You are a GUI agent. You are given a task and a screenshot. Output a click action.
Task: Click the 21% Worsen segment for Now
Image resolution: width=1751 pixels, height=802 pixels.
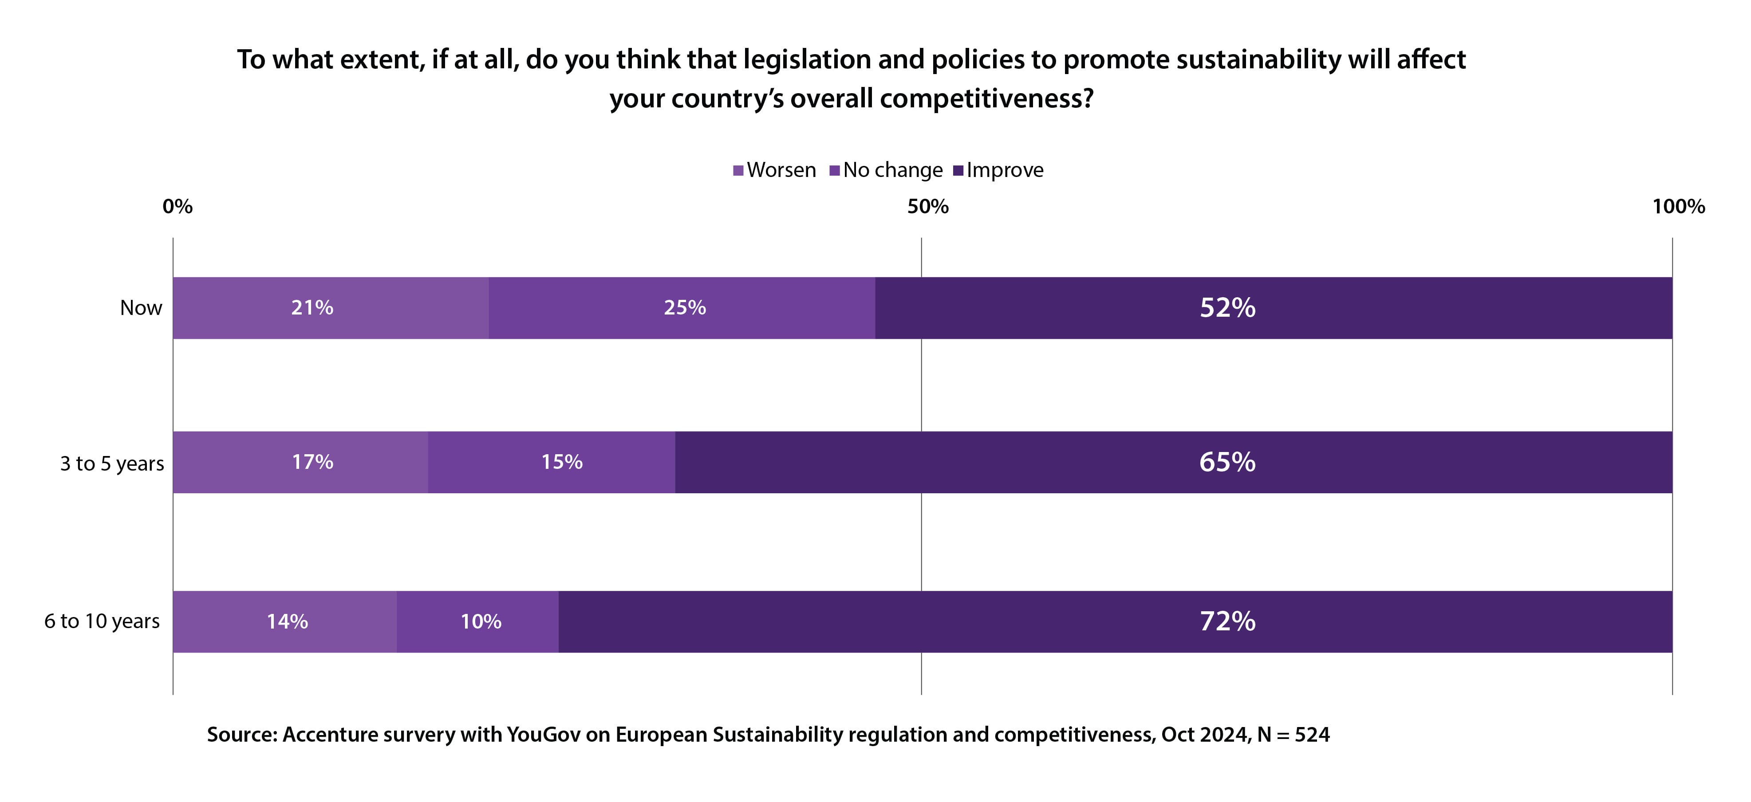(330, 308)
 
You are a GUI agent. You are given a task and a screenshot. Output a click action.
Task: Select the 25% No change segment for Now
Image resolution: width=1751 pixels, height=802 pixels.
(682, 308)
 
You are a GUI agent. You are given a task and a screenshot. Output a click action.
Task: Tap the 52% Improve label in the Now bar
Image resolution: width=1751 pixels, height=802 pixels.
(1227, 308)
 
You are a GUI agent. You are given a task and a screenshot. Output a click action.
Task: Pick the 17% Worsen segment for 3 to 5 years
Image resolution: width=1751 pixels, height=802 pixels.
(300, 462)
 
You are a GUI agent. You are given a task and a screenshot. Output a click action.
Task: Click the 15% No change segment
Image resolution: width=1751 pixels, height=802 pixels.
(551, 462)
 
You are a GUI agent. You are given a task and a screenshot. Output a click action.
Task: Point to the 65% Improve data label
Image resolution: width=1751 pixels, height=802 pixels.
(1227, 462)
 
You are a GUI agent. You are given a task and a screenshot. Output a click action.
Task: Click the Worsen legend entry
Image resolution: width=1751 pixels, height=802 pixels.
(775, 170)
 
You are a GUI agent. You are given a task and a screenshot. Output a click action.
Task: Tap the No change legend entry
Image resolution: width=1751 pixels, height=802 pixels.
(887, 170)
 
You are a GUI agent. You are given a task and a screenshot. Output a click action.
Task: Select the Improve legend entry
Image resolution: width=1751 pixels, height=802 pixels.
(998, 170)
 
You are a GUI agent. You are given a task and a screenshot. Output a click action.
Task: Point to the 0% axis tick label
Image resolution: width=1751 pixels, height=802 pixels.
(177, 207)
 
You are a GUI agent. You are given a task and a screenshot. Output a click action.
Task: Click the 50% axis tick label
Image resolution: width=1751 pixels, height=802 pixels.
(928, 207)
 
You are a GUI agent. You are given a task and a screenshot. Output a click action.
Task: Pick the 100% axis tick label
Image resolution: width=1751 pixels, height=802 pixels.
(1678, 207)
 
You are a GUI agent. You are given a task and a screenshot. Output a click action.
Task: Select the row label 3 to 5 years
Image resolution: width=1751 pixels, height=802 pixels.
(112, 464)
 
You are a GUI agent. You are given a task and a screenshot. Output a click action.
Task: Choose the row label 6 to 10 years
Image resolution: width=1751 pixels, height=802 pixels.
(102, 621)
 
